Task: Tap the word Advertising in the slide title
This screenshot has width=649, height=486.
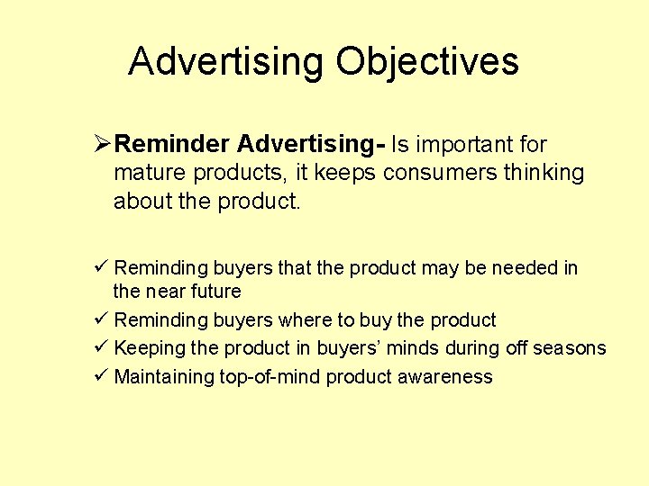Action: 225,62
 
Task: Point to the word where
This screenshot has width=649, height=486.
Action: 306,320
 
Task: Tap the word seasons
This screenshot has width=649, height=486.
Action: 568,348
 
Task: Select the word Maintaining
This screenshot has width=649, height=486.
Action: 165,377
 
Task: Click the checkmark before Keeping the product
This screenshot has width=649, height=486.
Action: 100,348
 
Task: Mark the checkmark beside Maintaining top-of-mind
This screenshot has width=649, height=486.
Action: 100,376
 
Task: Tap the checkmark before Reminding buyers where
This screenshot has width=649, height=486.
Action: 100,319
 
